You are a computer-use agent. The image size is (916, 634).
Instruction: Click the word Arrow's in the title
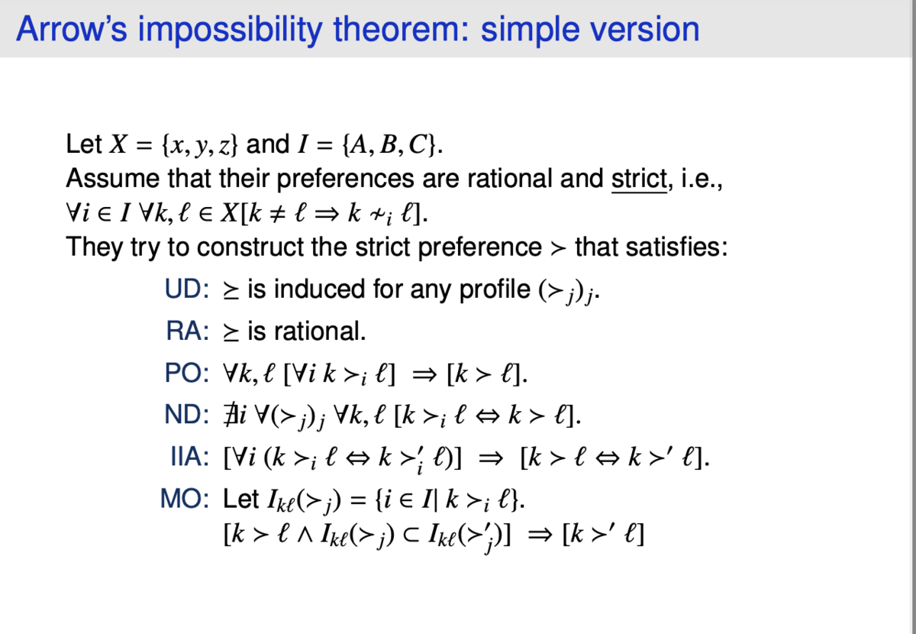[x=72, y=29]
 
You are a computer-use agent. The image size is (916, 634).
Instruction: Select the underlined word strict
[x=639, y=179]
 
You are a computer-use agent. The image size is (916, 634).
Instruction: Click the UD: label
[x=187, y=289]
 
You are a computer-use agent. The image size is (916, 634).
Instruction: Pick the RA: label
[x=188, y=331]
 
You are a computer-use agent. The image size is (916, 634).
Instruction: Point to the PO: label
[x=187, y=374]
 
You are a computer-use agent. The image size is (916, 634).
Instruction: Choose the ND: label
[x=187, y=415]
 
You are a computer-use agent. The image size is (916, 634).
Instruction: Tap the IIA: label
[x=190, y=457]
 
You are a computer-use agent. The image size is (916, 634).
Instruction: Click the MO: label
[x=185, y=499]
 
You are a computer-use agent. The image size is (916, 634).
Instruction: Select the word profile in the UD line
[x=495, y=290]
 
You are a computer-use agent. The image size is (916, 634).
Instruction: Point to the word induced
[x=319, y=289]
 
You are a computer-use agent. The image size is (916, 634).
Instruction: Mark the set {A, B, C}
[x=389, y=145]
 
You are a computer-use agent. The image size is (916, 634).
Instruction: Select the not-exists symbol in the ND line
[x=230, y=415]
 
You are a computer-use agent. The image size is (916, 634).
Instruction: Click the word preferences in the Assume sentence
[x=346, y=180]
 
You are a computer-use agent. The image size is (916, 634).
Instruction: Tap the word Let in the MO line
[x=241, y=499]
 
